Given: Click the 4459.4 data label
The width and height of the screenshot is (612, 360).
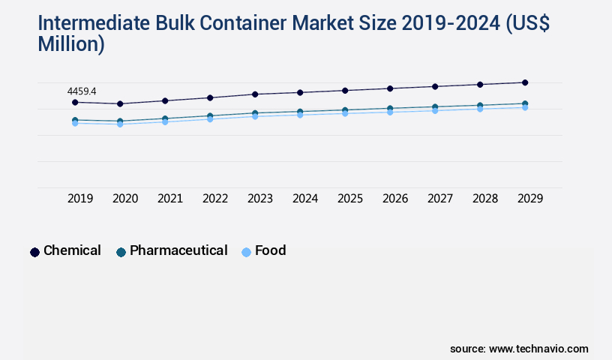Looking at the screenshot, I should coord(82,91).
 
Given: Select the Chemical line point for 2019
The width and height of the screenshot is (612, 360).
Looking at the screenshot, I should coord(75,102).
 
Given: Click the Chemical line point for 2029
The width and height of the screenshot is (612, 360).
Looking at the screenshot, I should coord(525,82).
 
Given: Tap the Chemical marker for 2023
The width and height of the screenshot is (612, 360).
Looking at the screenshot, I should coord(255,94).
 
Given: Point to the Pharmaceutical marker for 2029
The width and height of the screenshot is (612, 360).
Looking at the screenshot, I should coord(525,103).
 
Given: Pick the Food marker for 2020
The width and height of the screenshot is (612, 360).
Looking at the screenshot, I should coord(120,124).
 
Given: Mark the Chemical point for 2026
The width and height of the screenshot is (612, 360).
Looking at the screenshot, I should coord(390,88).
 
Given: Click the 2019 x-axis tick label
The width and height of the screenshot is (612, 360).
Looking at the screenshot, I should coord(80,199).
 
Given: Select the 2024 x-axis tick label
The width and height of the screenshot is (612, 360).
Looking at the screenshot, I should coord(305,199).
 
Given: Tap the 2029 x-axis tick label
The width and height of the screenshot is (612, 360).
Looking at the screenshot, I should coord(530,199).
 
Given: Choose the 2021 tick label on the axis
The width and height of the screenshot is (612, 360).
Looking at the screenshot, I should coord(170,199).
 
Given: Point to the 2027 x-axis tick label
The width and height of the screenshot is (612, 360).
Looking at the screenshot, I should coord(440,199).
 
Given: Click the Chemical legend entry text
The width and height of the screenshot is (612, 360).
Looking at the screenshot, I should coord(72,250).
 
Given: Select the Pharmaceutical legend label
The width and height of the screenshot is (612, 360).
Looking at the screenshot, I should coord(178,250).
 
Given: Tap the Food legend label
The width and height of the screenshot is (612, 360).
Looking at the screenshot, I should coord(270,250).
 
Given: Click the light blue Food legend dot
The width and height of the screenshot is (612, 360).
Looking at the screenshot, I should coord(246,252).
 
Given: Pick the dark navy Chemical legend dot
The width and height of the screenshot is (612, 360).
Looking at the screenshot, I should coord(34,252).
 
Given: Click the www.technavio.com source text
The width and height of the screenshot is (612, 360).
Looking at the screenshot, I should coord(538,349).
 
